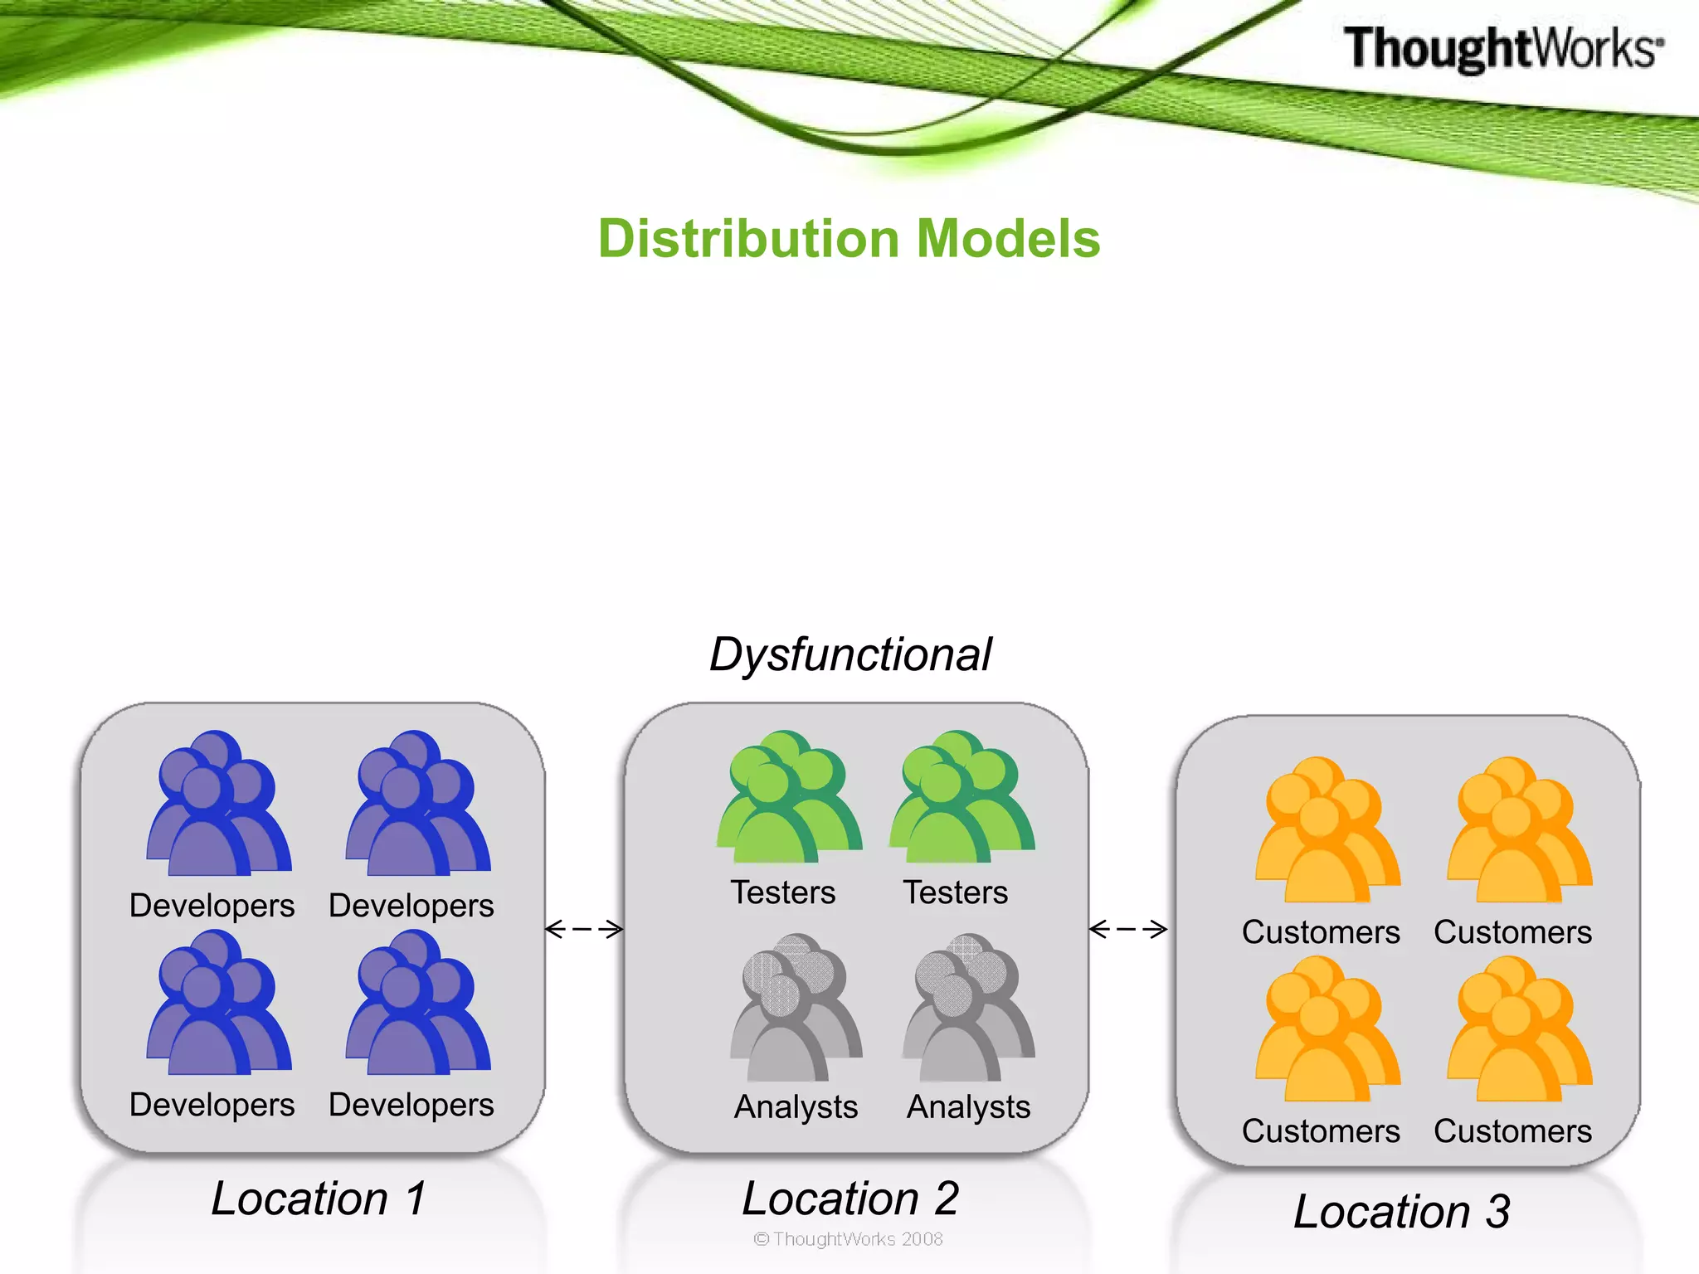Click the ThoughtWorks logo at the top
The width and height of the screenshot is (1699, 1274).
tap(1502, 48)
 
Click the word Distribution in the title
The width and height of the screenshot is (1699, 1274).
tap(749, 239)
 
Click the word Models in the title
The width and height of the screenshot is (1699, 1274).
tap(1008, 239)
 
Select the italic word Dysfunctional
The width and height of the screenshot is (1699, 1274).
tap(850, 655)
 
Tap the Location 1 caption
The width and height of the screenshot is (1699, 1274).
tap(319, 1199)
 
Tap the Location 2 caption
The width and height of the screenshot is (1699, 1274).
tap(850, 1199)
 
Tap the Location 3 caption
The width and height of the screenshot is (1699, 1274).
tap(1401, 1212)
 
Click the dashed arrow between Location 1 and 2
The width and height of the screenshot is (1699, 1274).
tap(584, 929)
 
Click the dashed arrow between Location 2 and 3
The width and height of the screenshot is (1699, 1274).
tap(1128, 929)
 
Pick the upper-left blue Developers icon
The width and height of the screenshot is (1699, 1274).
tap(218, 805)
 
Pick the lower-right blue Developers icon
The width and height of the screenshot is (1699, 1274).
tap(417, 1004)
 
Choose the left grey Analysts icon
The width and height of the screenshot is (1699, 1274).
tap(795, 1008)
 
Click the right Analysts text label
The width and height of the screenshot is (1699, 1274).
tap(968, 1107)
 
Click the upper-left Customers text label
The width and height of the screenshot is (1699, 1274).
tap(1321, 932)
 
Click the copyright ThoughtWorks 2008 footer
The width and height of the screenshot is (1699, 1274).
tap(848, 1239)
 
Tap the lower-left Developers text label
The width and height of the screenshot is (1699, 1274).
tap(212, 1105)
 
